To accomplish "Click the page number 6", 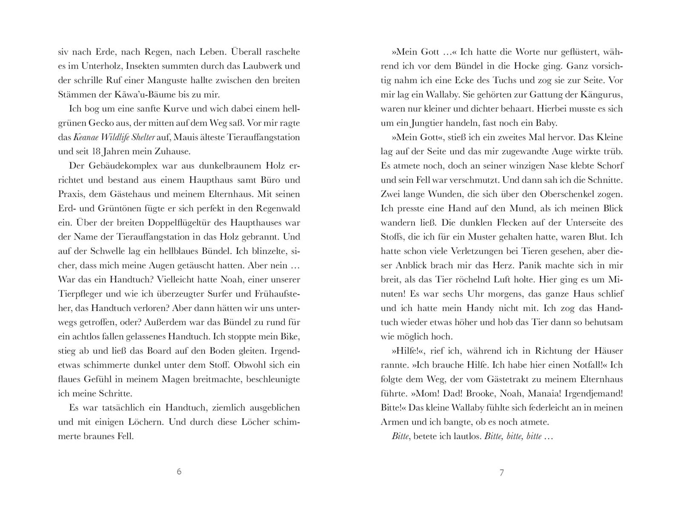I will coord(179,472).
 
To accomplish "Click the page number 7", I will coord(501,472).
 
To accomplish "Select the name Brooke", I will coord(486,394).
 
